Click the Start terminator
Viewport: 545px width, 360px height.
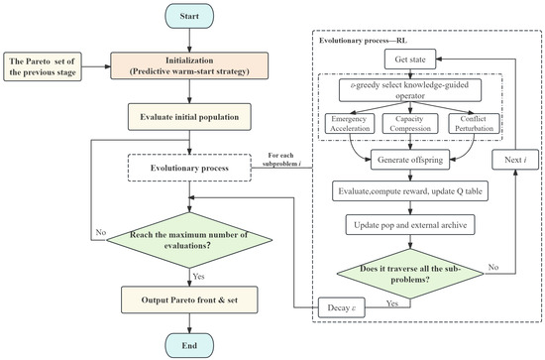(189, 16)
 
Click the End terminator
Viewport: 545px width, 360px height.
(189, 345)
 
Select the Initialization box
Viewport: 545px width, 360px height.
(189, 65)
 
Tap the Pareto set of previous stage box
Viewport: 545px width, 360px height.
(43, 66)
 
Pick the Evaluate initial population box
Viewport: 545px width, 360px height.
(189, 117)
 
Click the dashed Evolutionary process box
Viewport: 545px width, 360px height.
(189, 168)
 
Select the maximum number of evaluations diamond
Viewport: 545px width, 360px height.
(189, 240)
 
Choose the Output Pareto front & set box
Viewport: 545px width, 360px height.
(189, 300)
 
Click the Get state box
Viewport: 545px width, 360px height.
(410, 60)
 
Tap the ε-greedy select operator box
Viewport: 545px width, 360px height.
(410, 90)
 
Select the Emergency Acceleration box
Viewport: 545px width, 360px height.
(350, 124)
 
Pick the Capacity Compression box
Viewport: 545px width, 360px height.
(410, 124)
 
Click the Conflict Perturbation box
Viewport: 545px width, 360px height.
(474, 124)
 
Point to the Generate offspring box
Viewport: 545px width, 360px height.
(410, 160)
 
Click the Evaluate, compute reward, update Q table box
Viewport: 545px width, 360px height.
(410, 191)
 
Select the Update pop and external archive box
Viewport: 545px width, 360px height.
(410, 225)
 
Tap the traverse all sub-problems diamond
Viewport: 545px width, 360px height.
(410, 274)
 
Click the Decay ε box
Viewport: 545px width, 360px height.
(342, 307)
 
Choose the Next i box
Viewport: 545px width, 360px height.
(515, 160)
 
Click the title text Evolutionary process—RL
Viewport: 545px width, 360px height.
(363, 41)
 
